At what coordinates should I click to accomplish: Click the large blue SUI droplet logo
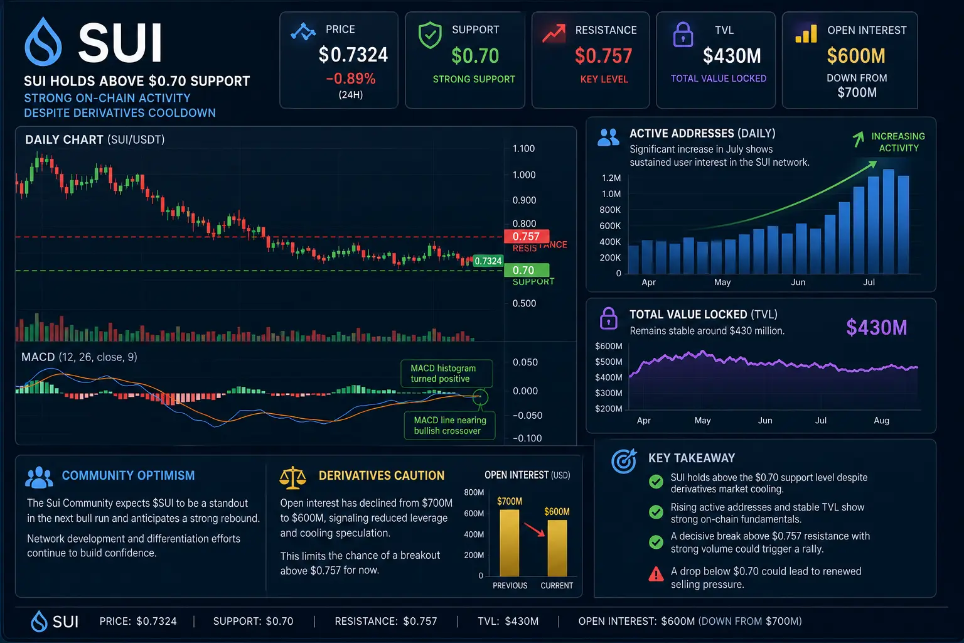tap(43, 42)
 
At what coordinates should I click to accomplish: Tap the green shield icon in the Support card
tap(430, 35)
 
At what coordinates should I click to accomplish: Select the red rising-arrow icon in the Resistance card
tap(554, 33)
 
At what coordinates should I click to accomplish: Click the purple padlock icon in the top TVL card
tap(683, 35)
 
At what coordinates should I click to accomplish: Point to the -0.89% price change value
tap(351, 78)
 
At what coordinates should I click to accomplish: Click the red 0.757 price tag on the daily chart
tap(527, 236)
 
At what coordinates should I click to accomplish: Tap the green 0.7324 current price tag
tap(488, 261)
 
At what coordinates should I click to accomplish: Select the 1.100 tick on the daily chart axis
tap(524, 149)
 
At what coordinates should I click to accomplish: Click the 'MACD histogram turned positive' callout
tap(446, 374)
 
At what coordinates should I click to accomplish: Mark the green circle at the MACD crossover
tap(480, 396)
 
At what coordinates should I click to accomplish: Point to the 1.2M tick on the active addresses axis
tap(611, 178)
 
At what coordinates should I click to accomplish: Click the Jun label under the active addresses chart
tap(798, 282)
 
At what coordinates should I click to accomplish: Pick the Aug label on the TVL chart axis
tap(881, 420)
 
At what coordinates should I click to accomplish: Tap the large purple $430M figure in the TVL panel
tap(877, 327)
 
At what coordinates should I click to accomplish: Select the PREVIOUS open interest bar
tap(510, 543)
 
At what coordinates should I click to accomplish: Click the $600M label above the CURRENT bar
tap(557, 512)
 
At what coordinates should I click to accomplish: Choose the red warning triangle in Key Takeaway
tap(656, 574)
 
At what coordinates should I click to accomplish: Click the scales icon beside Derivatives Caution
tap(292, 478)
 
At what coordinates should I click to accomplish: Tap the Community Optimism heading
tap(128, 475)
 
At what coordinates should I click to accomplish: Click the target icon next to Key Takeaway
tap(624, 461)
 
